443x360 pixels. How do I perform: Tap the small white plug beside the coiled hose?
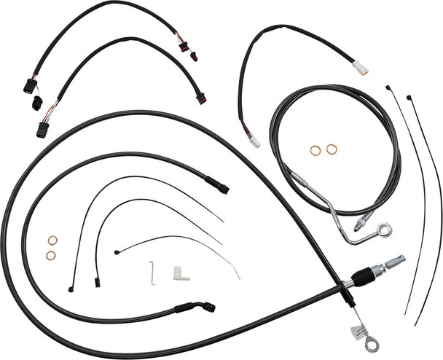(254, 142)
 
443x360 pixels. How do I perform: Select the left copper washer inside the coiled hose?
(315, 150)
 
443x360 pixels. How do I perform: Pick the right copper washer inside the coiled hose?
(332, 149)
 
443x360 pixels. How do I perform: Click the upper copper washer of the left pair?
(52, 240)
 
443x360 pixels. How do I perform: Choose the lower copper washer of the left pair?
(51, 255)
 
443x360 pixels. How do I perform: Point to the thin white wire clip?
(152, 273)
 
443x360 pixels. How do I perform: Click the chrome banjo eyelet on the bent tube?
(385, 230)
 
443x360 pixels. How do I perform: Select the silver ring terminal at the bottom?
(372, 345)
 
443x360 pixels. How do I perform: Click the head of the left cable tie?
(388, 89)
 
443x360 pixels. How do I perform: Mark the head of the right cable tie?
(409, 96)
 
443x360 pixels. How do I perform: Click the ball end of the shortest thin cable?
(117, 252)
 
